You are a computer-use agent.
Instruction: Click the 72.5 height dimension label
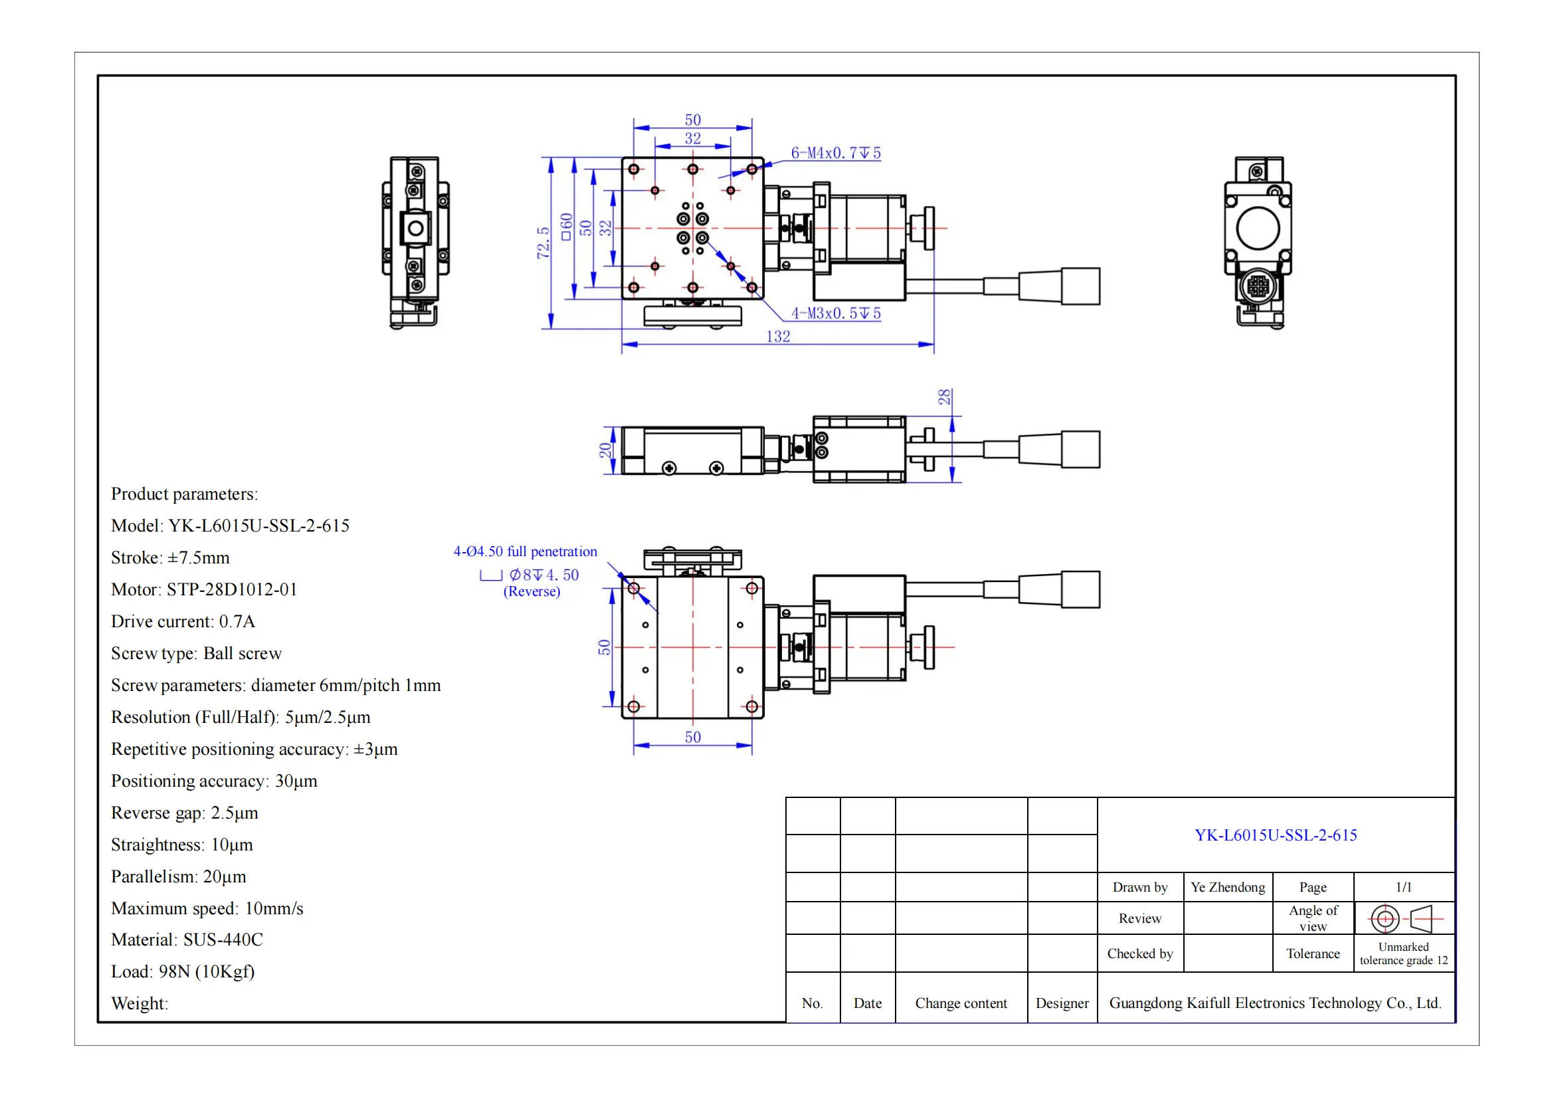pos(543,243)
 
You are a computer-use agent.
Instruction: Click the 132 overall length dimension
pos(778,336)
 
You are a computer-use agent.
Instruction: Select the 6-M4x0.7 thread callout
pos(836,153)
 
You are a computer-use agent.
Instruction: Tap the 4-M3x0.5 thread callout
pos(836,314)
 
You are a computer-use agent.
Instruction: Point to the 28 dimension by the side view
pos(944,397)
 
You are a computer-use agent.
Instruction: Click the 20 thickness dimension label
pos(605,450)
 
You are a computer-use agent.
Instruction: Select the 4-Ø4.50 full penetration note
pos(526,551)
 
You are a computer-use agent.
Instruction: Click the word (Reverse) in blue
pos(532,591)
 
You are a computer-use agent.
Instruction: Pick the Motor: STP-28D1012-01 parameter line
pos(204,589)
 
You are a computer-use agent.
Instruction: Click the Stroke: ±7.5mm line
pos(170,557)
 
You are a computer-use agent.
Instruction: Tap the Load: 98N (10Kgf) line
pos(183,972)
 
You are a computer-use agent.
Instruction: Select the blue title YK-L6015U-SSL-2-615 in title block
pos(1275,835)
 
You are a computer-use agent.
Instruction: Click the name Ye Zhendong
pos(1227,887)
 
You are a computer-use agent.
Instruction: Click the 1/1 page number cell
pos(1403,887)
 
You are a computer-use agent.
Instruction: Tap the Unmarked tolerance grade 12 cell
pos(1403,953)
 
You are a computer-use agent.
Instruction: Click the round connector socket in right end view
pos(1258,286)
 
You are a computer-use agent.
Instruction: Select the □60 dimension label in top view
pos(566,227)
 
